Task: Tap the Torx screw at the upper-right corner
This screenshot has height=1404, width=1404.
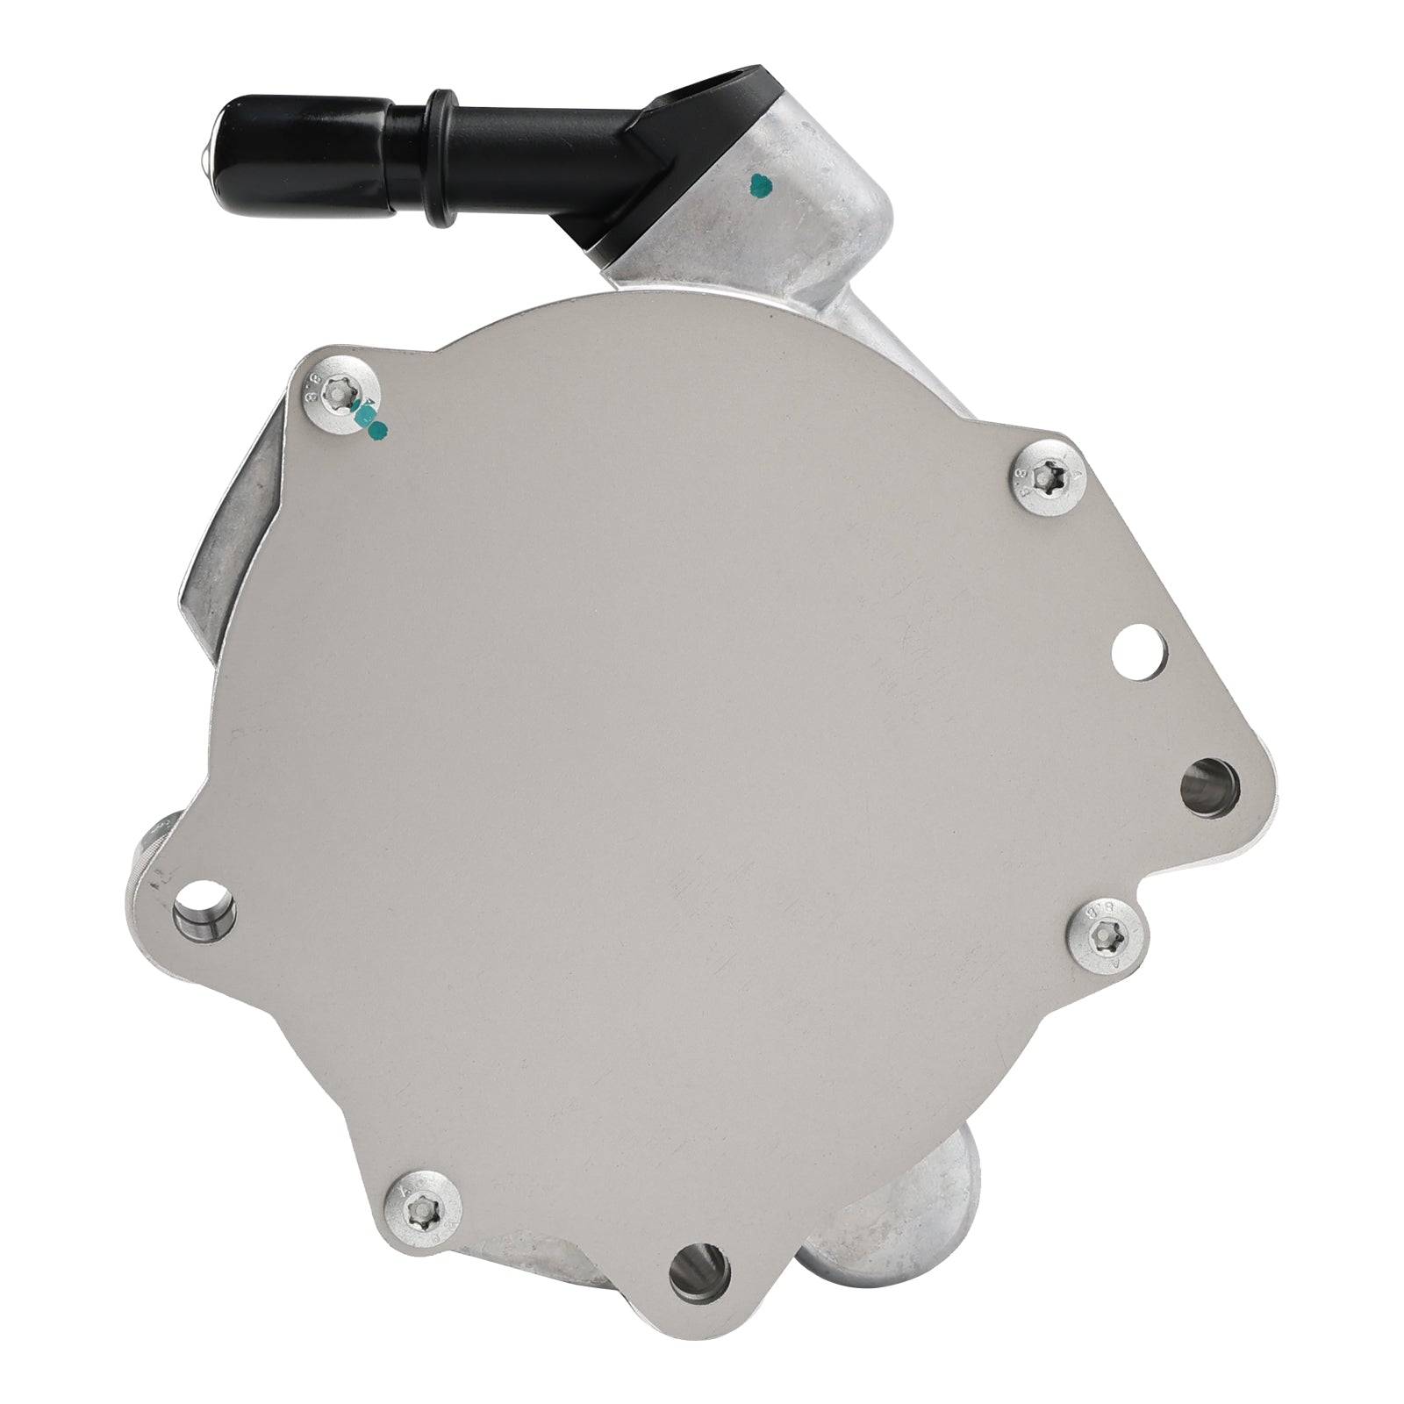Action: point(1048,477)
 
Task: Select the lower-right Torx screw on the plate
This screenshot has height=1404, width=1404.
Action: point(1102,939)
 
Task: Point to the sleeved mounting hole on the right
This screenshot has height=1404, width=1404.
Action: point(1209,783)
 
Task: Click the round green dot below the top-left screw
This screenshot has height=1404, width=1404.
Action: point(379,429)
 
